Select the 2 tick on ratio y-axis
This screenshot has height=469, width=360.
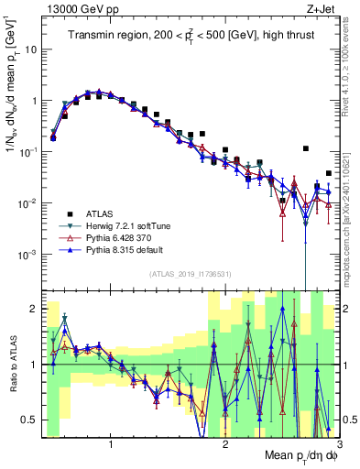tap(32, 309)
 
